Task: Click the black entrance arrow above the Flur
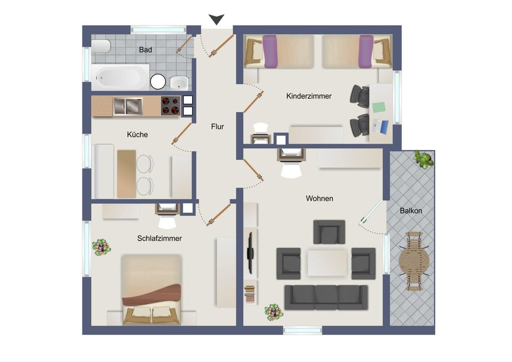tap(217, 19)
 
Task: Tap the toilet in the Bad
tap(101, 46)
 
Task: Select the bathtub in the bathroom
tap(120, 77)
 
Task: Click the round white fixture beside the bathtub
tap(158, 81)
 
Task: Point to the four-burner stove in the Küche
tap(170, 105)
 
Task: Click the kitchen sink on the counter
tap(128, 106)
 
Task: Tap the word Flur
tap(218, 127)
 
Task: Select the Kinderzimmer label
tap(309, 96)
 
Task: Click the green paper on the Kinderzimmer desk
tap(379, 107)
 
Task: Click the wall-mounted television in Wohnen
tap(251, 253)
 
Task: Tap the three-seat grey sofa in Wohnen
tap(326, 297)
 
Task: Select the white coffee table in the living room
tap(327, 263)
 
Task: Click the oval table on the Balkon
tap(414, 261)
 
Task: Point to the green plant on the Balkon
tap(423, 159)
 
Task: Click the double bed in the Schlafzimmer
tap(151, 290)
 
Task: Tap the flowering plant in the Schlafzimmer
tap(101, 248)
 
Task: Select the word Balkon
tap(411, 211)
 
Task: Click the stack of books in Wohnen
tap(250, 293)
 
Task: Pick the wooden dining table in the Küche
tap(126, 174)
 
